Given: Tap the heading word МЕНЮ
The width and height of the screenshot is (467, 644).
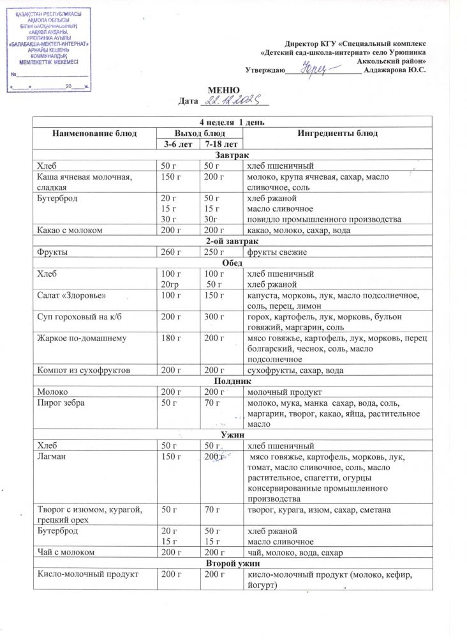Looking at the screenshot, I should [225, 89].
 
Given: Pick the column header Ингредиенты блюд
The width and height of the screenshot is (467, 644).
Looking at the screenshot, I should [337, 134].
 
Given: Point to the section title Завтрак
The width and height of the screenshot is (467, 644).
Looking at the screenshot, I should [232, 156].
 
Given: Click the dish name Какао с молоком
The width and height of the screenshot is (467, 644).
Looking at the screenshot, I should [70, 230].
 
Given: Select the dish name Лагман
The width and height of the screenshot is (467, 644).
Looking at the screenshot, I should [54, 458].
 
